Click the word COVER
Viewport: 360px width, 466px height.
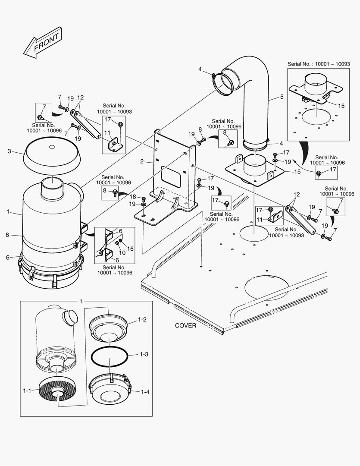[x=185, y=326]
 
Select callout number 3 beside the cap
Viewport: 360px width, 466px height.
[x=9, y=151]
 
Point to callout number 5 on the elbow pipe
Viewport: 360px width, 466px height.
[x=282, y=97]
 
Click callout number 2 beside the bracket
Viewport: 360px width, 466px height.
[x=141, y=162]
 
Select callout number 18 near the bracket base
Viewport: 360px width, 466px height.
[x=133, y=196]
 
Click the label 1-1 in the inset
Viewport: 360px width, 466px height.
[x=27, y=390]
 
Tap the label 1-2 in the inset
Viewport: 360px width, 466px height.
[x=142, y=320]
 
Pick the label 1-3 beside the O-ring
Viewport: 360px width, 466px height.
[x=144, y=354]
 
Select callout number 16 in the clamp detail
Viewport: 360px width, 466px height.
[x=130, y=249]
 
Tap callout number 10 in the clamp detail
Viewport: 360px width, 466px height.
[x=122, y=253]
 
